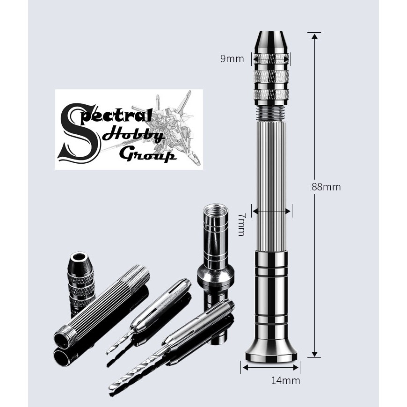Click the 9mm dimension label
[x=233, y=59]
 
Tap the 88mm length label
[x=327, y=187]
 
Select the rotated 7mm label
[x=241, y=224]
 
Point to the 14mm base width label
[x=285, y=380]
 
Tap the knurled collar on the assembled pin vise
[x=271, y=80]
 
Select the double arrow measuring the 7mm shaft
[x=272, y=211]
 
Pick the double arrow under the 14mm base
[x=271, y=367]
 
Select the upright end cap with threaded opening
[x=215, y=253]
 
